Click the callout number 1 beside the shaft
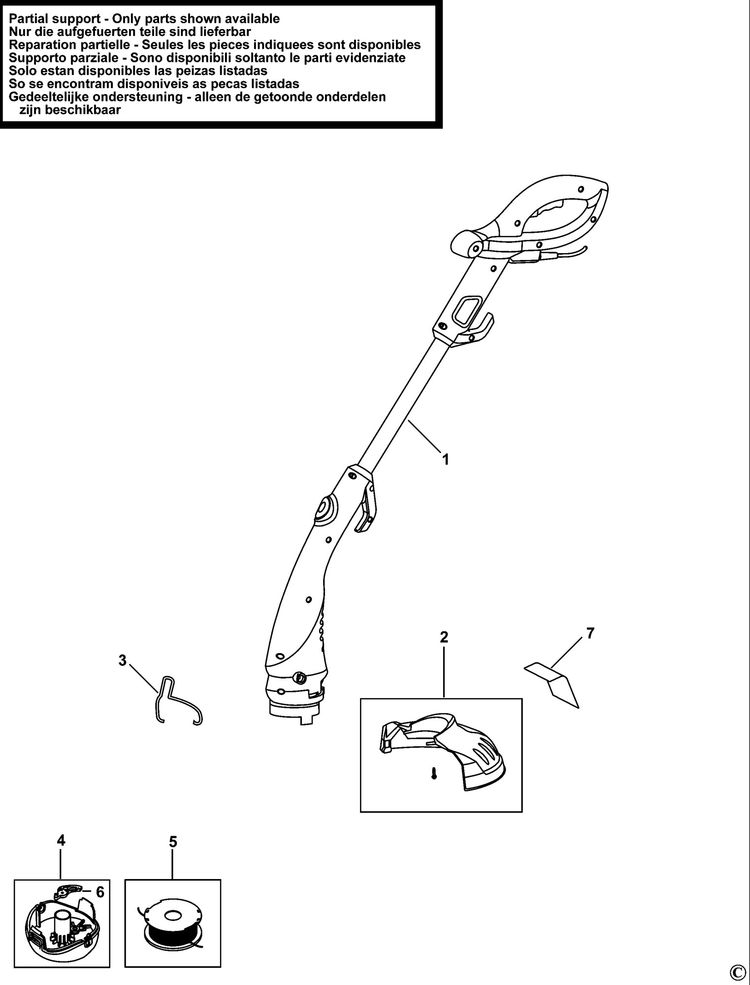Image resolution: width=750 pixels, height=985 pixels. pyautogui.click(x=445, y=460)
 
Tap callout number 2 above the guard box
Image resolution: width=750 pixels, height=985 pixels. pyautogui.click(x=444, y=637)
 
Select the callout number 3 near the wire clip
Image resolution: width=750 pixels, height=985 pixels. pyautogui.click(x=123, y=660)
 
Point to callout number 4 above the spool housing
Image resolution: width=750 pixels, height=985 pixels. pyautogui.click(x=61, y=841)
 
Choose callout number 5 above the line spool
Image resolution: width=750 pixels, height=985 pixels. pyautogui.click(x=173, y=842)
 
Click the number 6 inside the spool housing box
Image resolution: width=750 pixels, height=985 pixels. pyautogui.click(x=100, y=892)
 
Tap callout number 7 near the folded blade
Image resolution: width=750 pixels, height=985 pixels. pyautogui.click(x=590, y=633)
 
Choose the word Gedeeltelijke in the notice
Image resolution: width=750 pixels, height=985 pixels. pyautogui.click(x=47, y=97)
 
